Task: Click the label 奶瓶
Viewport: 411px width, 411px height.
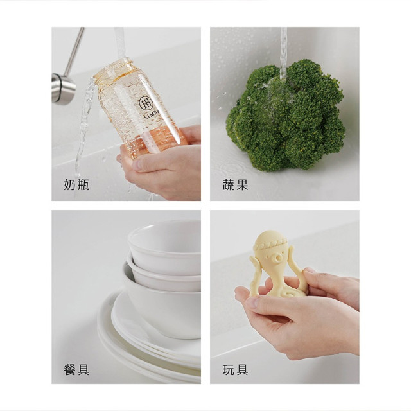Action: point(76,186)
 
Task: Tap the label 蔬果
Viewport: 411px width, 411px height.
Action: point(235,186)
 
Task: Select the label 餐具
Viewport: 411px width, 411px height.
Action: point(76,369)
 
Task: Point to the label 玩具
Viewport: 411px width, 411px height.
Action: point(235,369)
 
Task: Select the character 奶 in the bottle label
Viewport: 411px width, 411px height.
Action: point(70,186)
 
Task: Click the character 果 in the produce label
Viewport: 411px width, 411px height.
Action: point(242,186)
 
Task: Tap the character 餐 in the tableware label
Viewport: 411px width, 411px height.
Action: point(70,369)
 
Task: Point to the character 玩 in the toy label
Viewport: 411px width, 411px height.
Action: point(229,369)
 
